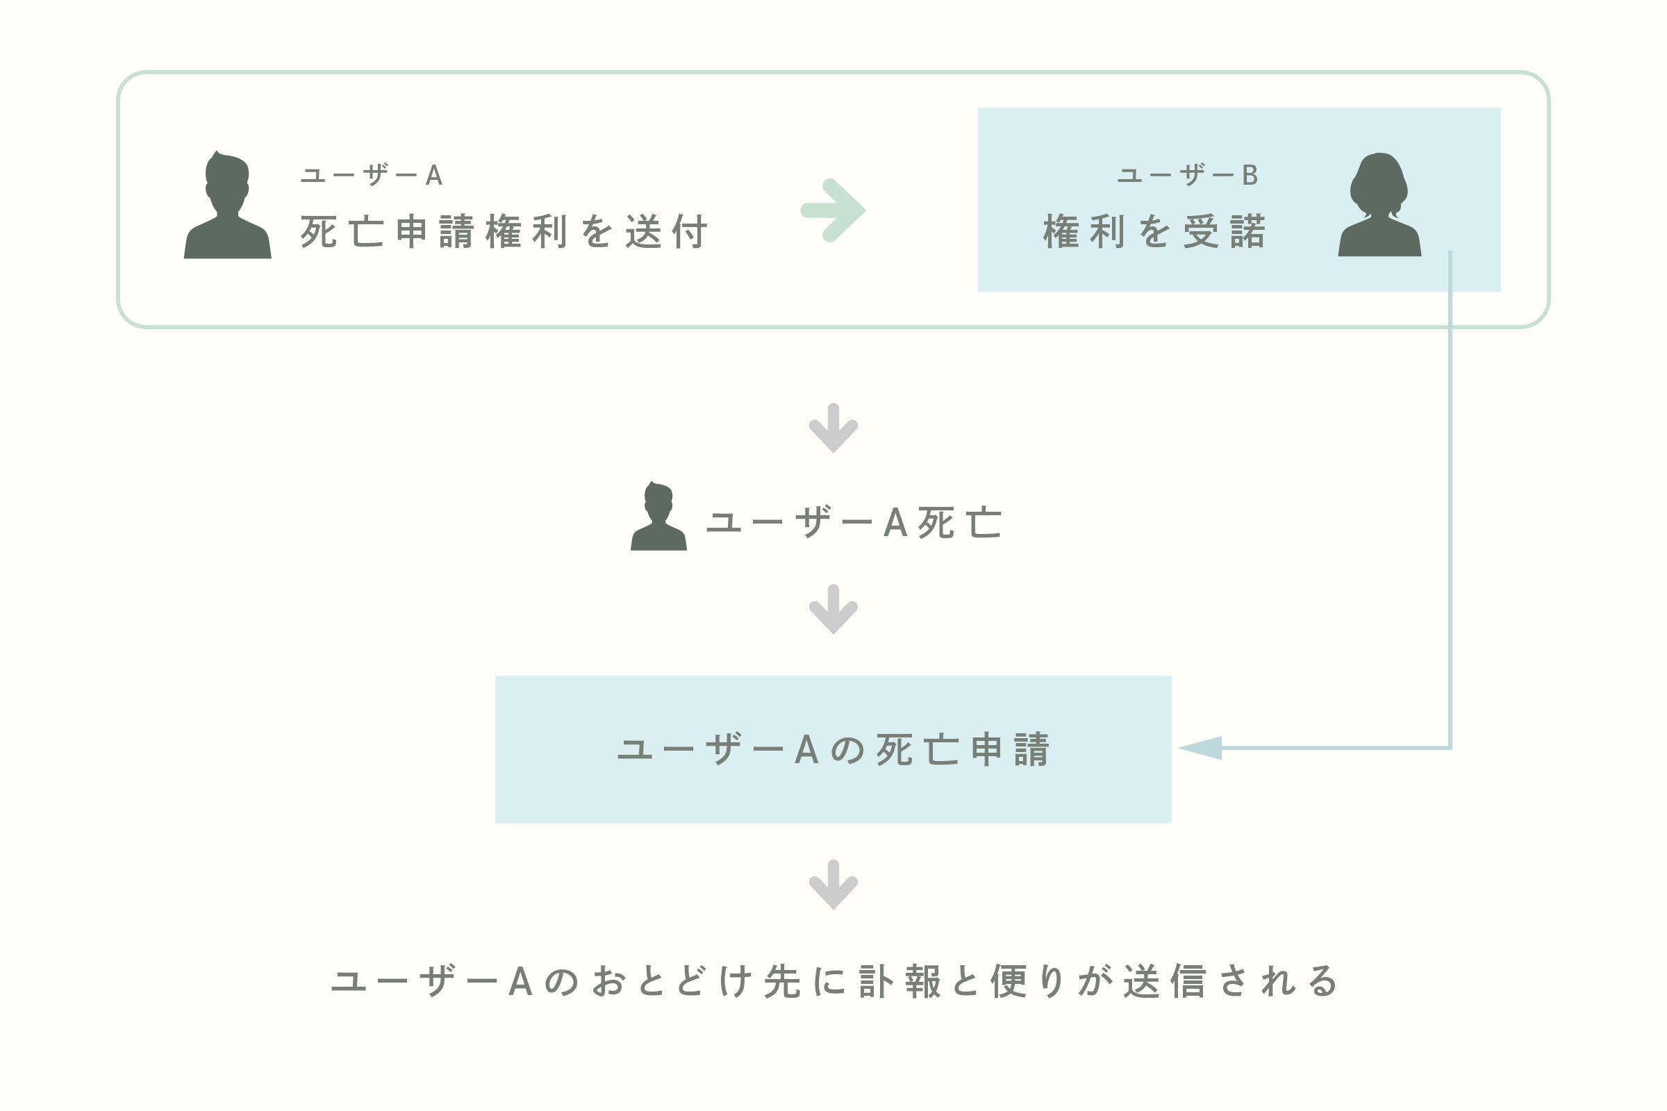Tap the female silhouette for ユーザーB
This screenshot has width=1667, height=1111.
click(1379, 206)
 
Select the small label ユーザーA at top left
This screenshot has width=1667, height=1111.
click(372, 175)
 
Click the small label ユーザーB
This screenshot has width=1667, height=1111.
click(1187, 175)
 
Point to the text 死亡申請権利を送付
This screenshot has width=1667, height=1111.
click(503, 232)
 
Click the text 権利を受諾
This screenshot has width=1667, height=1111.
click(1154, 232)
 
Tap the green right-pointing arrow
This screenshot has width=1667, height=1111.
click(833, 210)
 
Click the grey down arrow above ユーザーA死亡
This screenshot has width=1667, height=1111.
click(833, 428)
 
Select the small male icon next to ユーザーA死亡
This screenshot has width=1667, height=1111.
click(658, 517)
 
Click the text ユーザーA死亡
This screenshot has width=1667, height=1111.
click(854, 523)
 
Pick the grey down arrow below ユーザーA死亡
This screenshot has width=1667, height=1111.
click(833, 610)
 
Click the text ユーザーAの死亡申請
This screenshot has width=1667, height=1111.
click(833, 750)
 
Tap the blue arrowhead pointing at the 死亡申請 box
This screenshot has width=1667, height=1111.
click(1201, 748)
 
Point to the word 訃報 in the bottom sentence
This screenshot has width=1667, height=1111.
click(899, 981)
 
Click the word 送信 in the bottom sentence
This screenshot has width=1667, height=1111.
click(1165, 981)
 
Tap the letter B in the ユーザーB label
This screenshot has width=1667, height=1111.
click(1250, 175)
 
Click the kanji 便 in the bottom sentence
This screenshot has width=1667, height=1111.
click(1009, 981)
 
